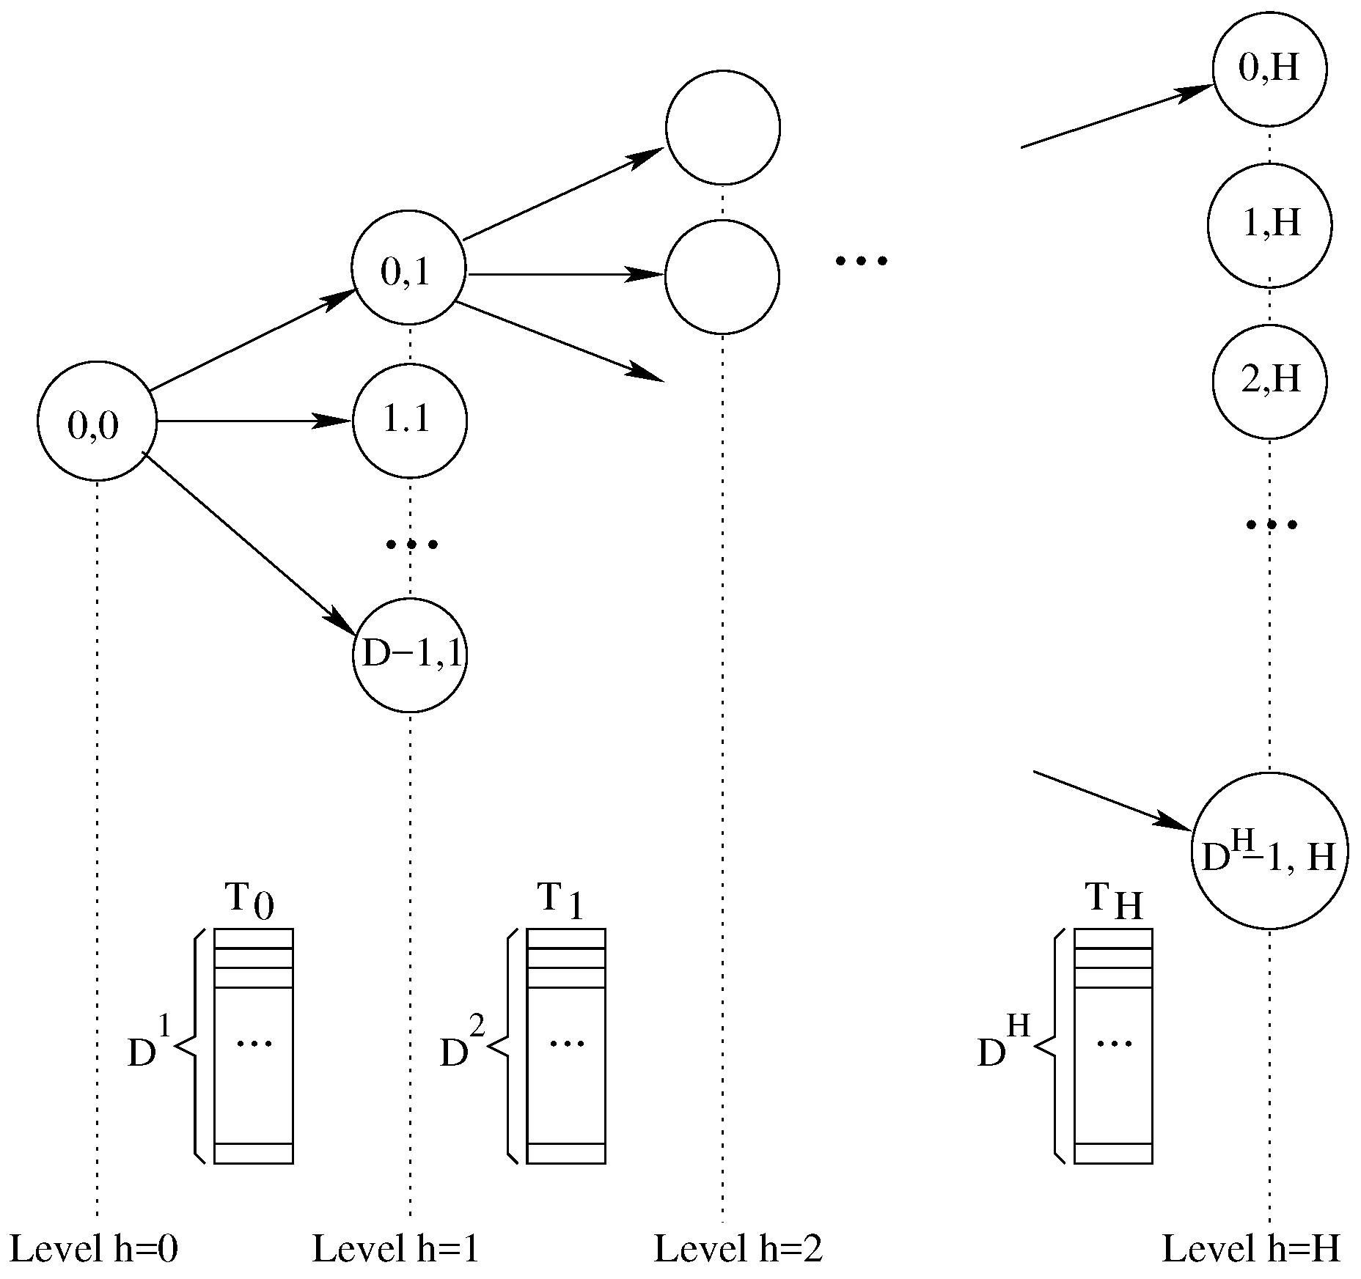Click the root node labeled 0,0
coord(97,421)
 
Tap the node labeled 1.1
coord(409,421)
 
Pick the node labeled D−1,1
coord(410,655)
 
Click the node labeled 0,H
coord(1269,69)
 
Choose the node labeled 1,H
coord(1269,224)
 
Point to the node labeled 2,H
coord(1269,381)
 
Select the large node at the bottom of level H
coord(1269,852)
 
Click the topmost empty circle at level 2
coord(723,128)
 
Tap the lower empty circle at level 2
coord(722,276)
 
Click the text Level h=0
coord(94,1249)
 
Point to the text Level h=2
coord(738,1249)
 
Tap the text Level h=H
coord(1251,1249)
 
